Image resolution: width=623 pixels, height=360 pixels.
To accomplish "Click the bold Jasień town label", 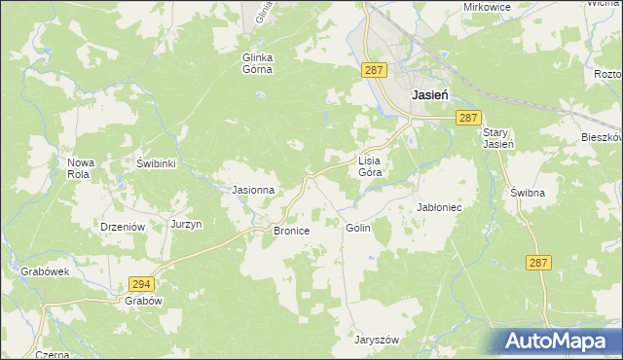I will (x=430, y=95).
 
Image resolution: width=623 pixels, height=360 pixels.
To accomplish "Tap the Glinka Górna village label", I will (x=259, y=63).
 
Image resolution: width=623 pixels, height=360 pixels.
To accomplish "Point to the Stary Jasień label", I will (x=496, y=139).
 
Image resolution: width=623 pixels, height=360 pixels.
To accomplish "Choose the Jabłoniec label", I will (x=438, y=208).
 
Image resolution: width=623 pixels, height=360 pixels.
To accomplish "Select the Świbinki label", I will (x=156, y=163).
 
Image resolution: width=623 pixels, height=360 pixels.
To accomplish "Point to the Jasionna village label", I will (x=252, y=191).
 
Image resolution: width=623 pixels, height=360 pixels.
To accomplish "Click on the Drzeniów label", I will (x=123, y=226).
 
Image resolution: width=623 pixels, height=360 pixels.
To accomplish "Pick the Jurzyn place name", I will (x=186, y=224).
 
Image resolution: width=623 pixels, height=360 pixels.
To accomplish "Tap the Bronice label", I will (x=291, y=232).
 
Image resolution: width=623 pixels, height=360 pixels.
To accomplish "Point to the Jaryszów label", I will (x=378, y=340).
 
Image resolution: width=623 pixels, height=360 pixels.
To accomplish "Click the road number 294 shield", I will (x=141, y=283).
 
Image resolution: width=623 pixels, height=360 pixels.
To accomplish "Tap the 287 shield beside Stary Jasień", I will (x=468, y=118).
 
